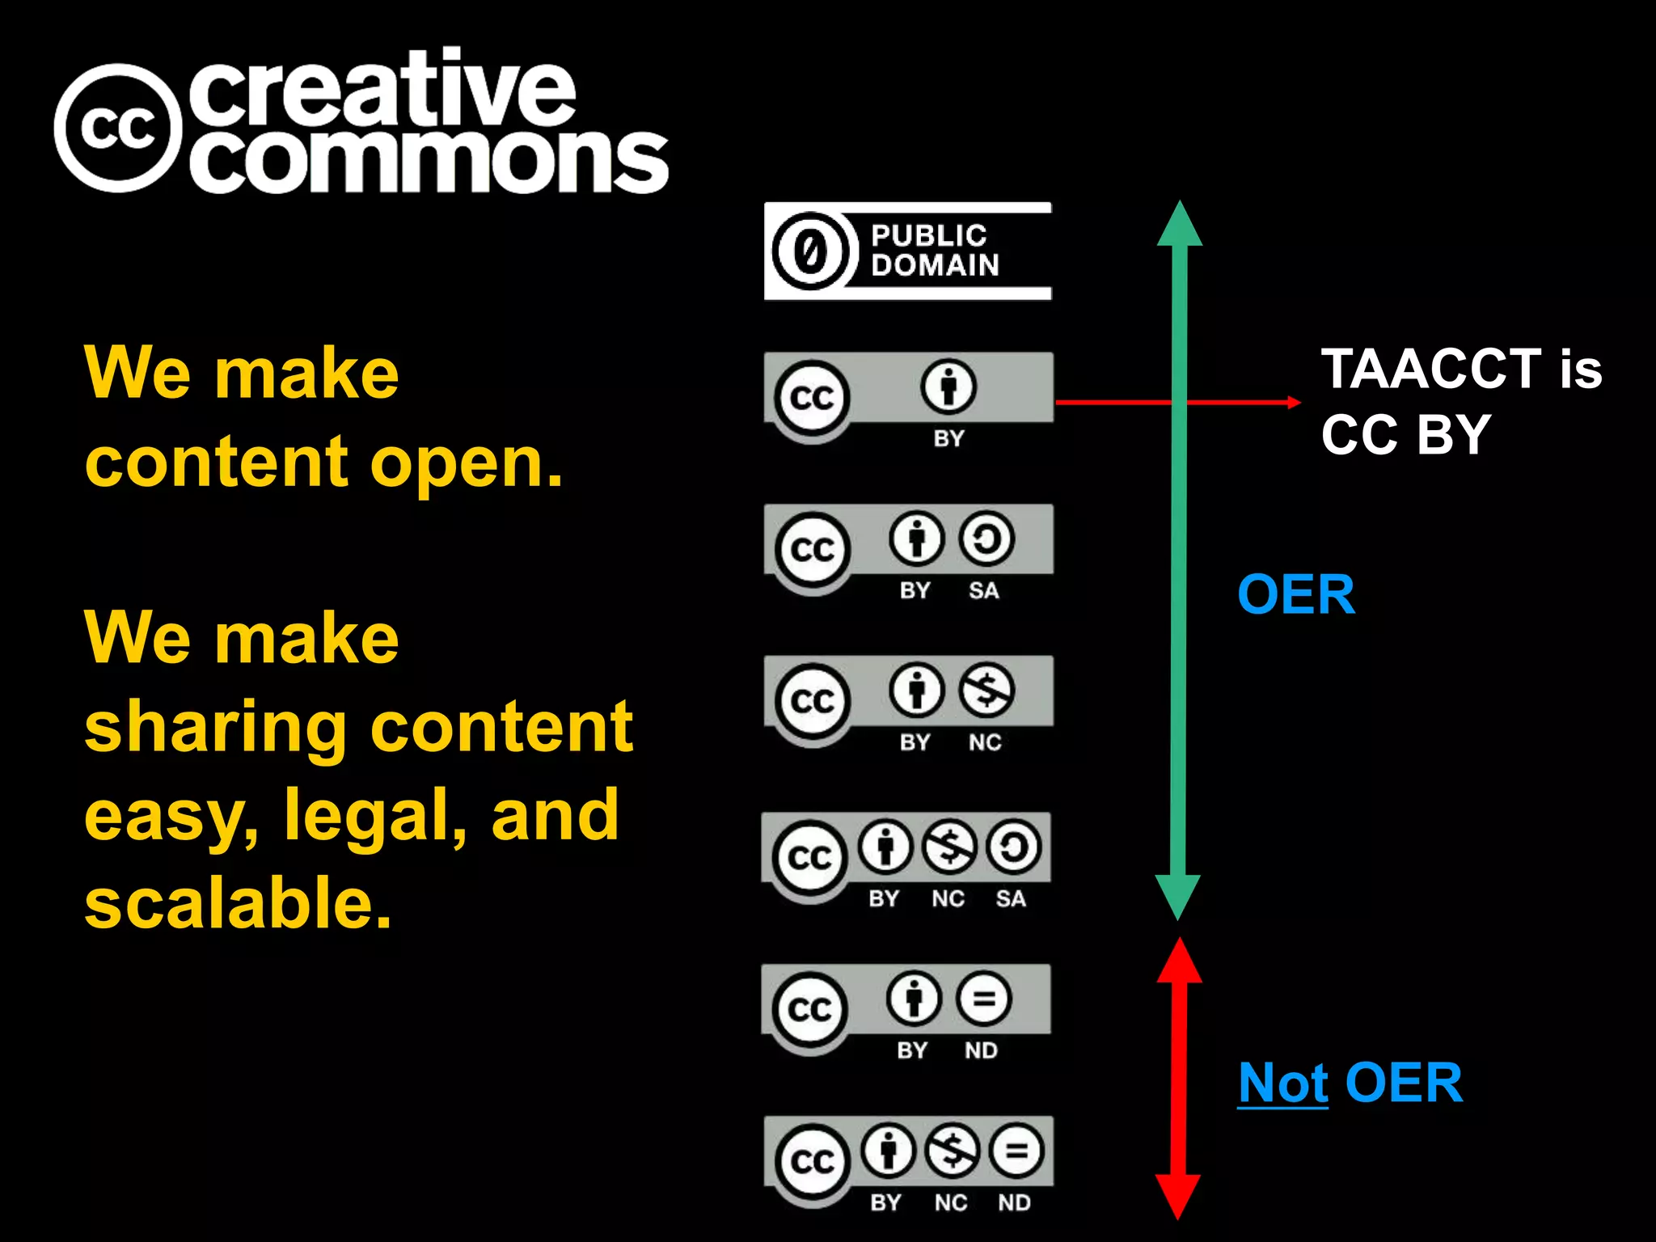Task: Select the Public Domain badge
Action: click(907, 251)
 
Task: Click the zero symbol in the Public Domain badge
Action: click(810, 251)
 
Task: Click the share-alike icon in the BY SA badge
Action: click(986, 539)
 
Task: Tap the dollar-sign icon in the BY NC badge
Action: click(986, 691)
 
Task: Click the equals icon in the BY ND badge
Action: click(982, 999)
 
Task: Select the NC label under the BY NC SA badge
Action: click(948, 898)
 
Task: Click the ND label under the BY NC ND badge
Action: click(1014, 1202)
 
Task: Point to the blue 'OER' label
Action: click(1296, 594)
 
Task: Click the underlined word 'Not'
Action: click(1282, 1083)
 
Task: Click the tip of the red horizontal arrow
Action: click(1297, 402)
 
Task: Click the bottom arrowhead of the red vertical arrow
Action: click(1178, 1196)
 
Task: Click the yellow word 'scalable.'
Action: click(239, 902)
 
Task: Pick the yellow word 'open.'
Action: click(467, 463)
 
